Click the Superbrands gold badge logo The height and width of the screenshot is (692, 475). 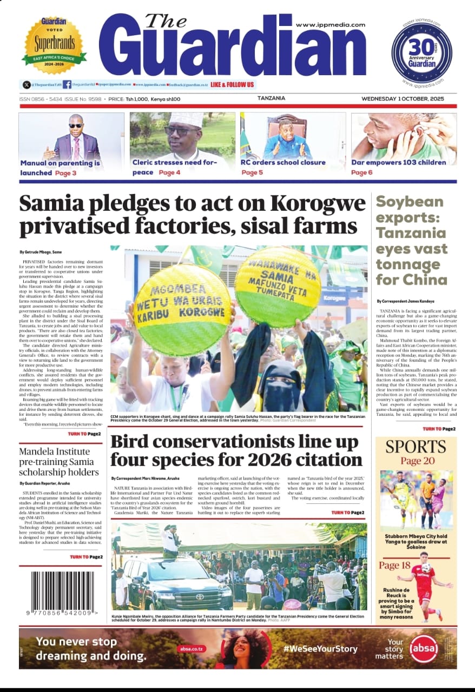coord(54,44)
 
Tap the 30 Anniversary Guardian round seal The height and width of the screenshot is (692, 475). coord(421,53)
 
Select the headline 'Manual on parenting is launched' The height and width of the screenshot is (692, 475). coord(60,168)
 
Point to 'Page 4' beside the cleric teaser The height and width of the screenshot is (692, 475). coord(169,172)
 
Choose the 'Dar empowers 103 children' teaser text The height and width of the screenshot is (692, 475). coord(399,162)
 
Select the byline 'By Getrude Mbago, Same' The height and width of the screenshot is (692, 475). coord(41,252)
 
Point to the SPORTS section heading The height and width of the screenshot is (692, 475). coord(415,447)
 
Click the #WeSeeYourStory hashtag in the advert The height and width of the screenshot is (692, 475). coord(320,648)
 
